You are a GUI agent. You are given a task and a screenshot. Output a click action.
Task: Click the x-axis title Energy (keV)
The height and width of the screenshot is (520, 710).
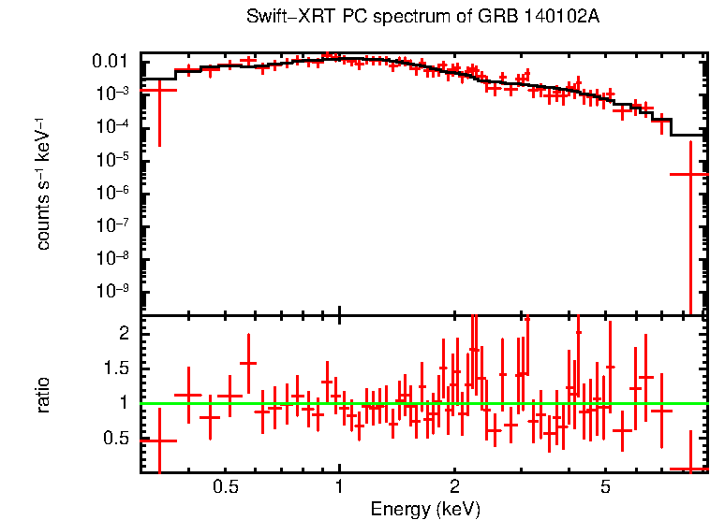pyautogui.click(x=425, y=509)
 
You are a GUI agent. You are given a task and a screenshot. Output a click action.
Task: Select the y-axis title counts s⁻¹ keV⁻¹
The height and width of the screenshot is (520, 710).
pyautogui.click(x=43, y=183)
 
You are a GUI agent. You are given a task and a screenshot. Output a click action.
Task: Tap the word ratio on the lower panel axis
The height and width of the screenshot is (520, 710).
pyautogui.click(x=43, y=395)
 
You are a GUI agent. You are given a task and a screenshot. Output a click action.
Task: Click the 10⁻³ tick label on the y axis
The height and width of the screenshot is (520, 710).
pyautogui.click(x=117, y=94)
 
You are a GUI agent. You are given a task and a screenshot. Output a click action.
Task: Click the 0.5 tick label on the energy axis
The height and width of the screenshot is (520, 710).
pyautogui.click(x=225, y=487)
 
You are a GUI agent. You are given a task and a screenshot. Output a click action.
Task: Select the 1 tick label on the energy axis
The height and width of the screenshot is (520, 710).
pyautogui.click(x=339, y=487)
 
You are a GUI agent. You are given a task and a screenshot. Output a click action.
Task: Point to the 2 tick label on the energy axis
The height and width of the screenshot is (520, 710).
pyautogui.click(x=453, y=487)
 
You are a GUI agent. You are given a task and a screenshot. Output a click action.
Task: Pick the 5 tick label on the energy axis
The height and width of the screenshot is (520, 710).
pyautogui.click(x=605, y=487)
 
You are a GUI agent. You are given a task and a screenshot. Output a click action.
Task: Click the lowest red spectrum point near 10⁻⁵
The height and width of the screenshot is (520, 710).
pyautogui.click(x=690, y=174)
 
